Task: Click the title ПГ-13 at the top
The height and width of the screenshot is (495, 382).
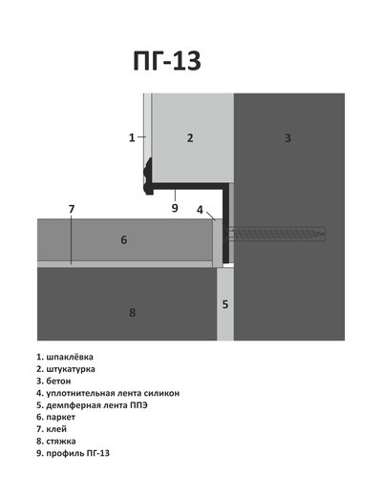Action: pos(167,60)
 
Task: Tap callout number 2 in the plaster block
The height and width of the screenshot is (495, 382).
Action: pos(190,138)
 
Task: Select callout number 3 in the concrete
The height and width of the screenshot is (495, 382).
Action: pos(287,138)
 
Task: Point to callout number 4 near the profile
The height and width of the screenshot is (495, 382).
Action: pos(200,209)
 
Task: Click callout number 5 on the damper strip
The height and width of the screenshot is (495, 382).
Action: pos(225,304)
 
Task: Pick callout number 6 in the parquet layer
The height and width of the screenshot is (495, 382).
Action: pos(124,239)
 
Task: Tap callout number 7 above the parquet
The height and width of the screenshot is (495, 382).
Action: pos(71,209)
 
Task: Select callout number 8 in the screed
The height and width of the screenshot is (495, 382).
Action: pos(133,312)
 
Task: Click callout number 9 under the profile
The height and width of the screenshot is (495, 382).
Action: pos(175,207)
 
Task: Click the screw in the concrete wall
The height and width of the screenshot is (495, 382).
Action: pos(277,234)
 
